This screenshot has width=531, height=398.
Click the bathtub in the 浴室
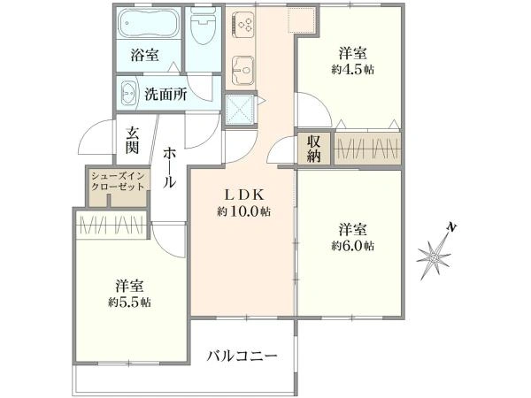[149, 22]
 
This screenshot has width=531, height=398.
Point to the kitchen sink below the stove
[242, 68]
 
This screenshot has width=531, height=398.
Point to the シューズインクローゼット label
[117, 183]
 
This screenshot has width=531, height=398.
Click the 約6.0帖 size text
[352, 244]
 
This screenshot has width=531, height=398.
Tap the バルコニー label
[242, 356]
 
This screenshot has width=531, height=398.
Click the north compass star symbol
[435, 256]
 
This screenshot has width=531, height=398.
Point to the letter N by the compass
[451, 229]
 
